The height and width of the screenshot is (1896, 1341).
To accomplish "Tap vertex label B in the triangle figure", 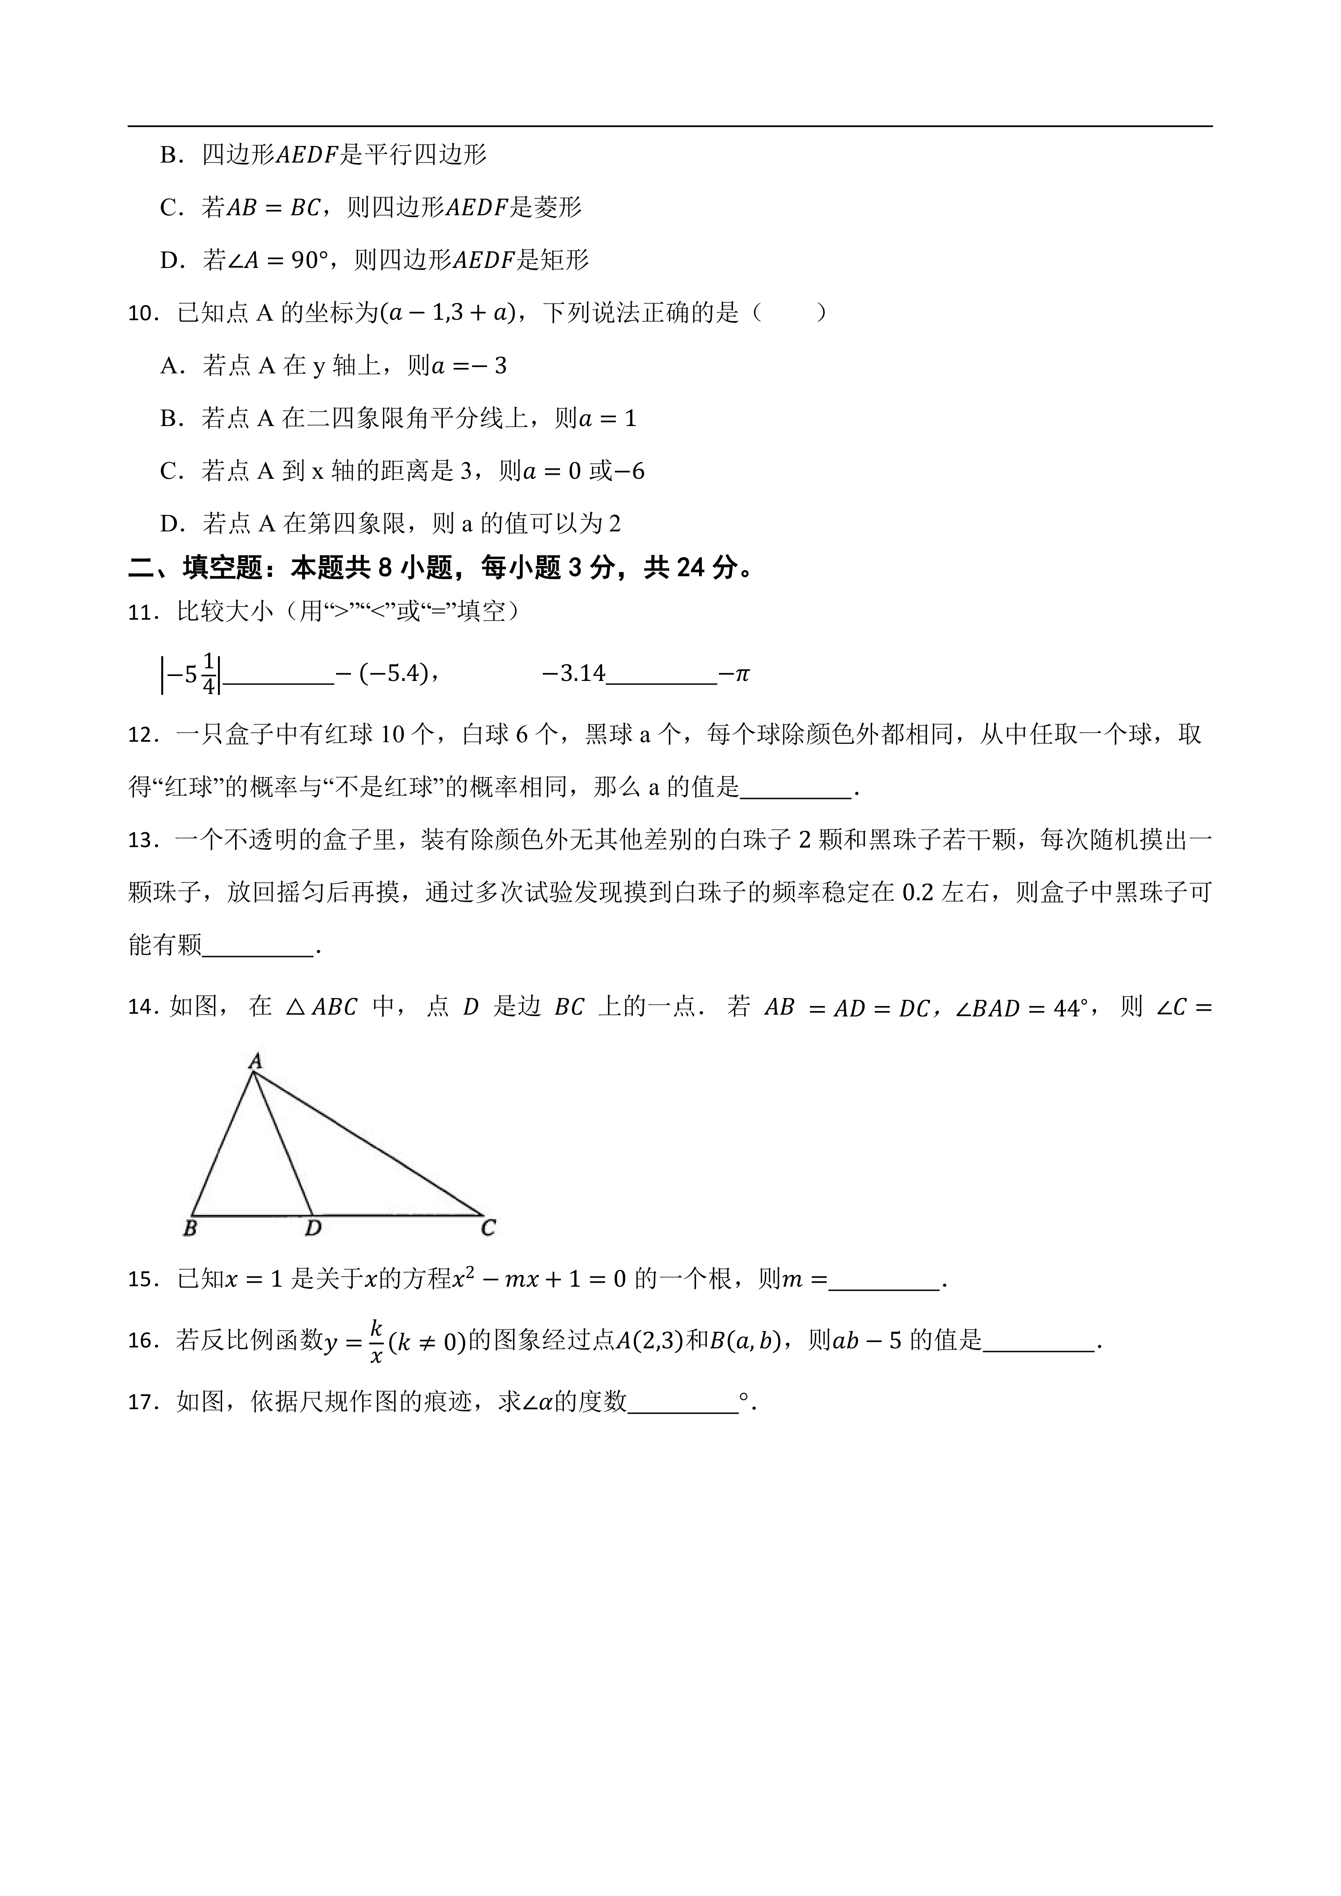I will tap(190, 1229).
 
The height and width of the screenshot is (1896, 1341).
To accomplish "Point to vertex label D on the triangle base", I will tap(313, 1229).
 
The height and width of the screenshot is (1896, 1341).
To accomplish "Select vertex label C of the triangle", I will tap(488, 1229).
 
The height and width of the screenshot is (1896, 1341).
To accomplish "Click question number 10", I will tap(142, 314).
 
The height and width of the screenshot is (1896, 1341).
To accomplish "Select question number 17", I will tap(142, 1403).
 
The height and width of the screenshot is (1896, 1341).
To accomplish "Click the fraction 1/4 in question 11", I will tap(208, 674).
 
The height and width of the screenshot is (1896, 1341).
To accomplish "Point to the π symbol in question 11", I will tap(741, 675).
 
